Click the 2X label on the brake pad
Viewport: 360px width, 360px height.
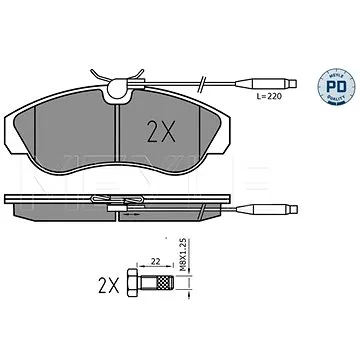click(x=160, y=131)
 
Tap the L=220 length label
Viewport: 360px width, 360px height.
click(x=269, y=96)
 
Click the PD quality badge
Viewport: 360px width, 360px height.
click(x=336, y=87)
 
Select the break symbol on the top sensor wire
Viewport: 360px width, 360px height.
click(x=202, y=83)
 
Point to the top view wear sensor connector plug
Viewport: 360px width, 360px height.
click(x=266, y=83)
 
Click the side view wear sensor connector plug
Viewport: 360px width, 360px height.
click(x=267, y=209)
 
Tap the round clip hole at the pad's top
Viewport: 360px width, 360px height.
click(x=118, y=88)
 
